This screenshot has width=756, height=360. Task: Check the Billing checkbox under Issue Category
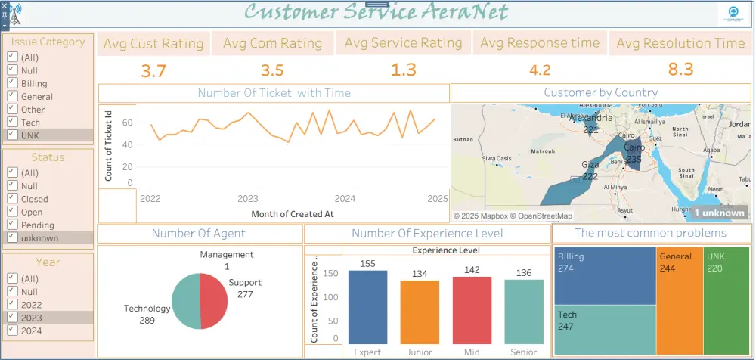coord(11,83)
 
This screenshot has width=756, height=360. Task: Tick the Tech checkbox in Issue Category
coord(11,122)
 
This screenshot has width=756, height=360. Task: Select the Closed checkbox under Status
coord(11,199)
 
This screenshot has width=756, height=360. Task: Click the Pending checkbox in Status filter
coord(11,225)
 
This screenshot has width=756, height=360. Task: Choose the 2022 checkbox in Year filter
coord(11,305)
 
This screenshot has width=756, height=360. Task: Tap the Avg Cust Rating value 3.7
coord(153,71)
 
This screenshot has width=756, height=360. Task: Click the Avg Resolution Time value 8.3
coord(680,70)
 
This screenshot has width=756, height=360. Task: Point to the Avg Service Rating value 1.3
coord(404,70)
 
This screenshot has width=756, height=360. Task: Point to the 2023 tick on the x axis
coord(248,199)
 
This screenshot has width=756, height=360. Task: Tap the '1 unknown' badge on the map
coord(719,213)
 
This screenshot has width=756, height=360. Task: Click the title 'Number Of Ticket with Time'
coord(274,93)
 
